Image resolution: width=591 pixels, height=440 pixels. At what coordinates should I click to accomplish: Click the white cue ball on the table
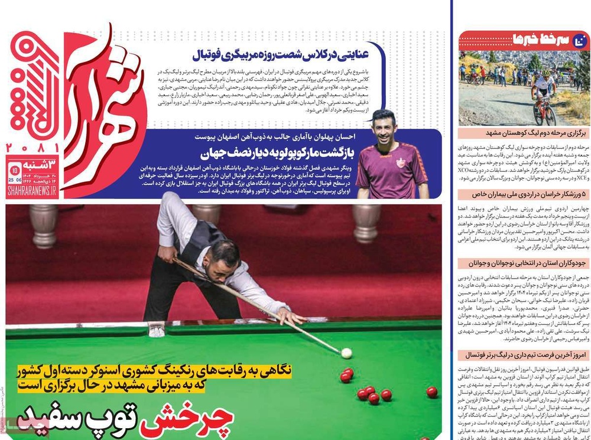click(346, 353)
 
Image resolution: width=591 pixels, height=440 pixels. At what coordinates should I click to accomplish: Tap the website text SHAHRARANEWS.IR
click(32, 190)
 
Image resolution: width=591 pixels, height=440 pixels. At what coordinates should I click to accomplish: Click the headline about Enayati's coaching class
click(288, 54)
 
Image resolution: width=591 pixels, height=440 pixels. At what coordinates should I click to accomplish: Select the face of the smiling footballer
click(385, 127)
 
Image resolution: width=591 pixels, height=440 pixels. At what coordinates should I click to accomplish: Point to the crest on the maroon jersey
click(401, 162)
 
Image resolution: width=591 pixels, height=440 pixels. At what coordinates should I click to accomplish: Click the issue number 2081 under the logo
click(33, 147)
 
